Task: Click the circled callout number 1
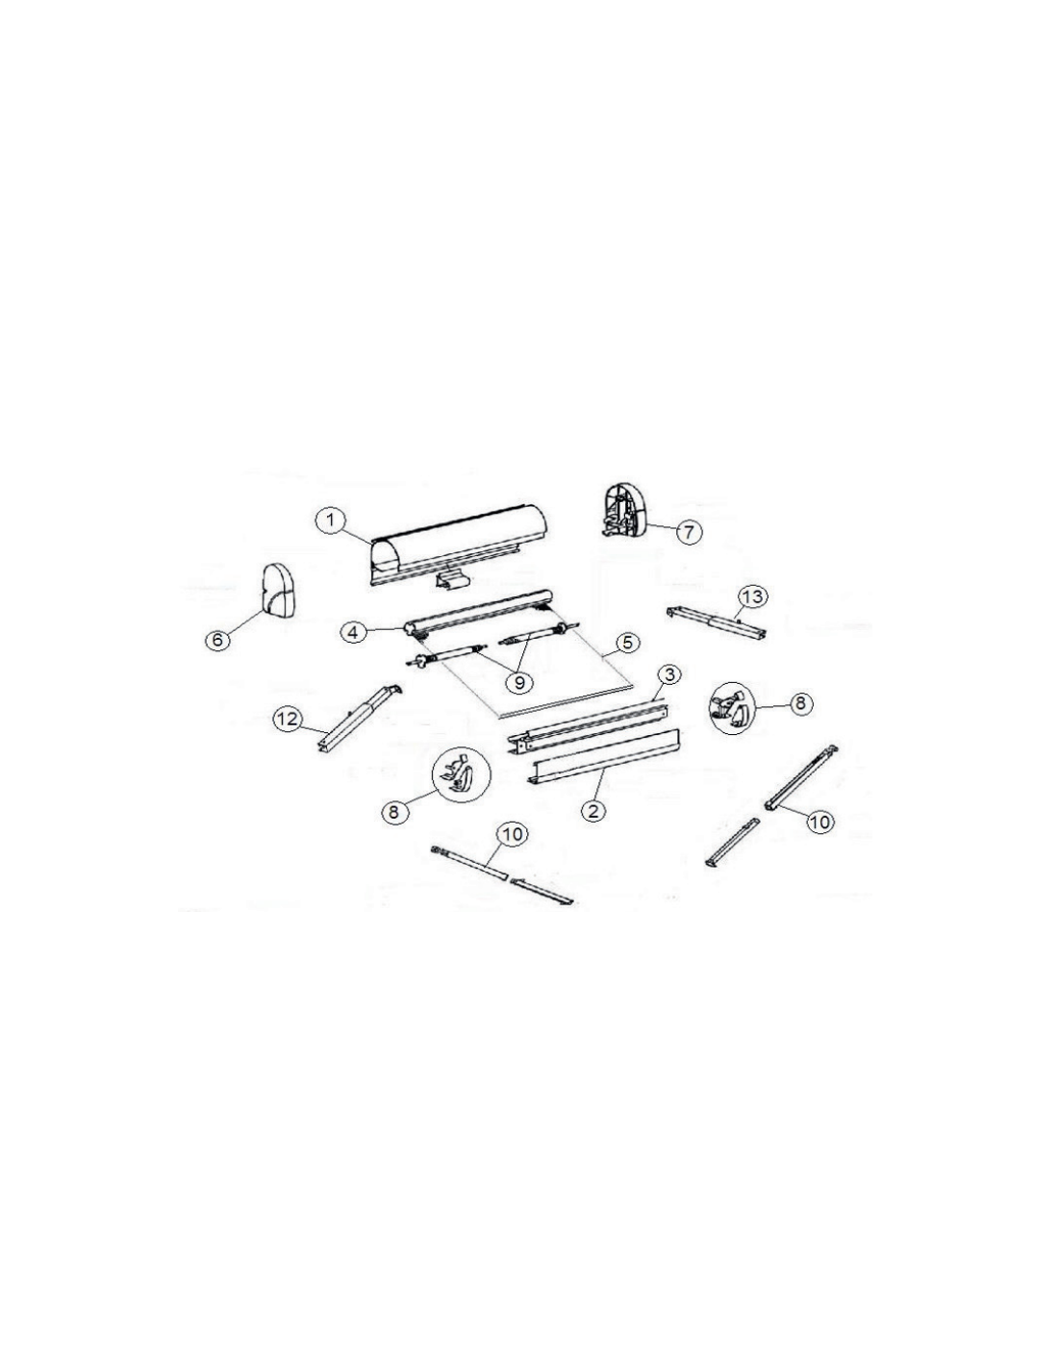coord(330,521)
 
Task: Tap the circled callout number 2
coord(592,810)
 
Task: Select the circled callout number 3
coord(668,675)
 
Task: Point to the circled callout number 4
coord(353,631)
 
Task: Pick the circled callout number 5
coord(626,642)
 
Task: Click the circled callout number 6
coord(217,641)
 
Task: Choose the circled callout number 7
coord(689,532)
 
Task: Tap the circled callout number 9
coord(519,682)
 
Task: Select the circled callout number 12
coord(288,719)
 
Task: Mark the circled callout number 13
coord(752,595)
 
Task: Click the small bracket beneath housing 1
coord(452,579)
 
